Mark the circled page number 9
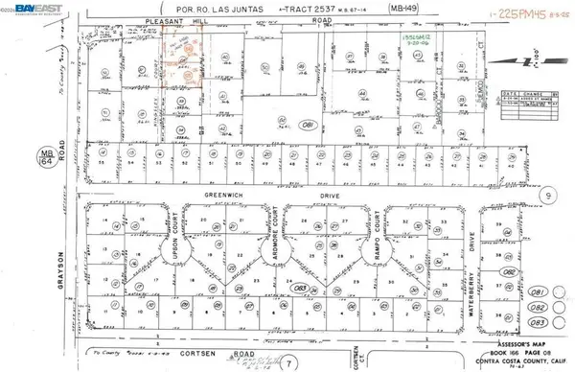click(x=547, y=195)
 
